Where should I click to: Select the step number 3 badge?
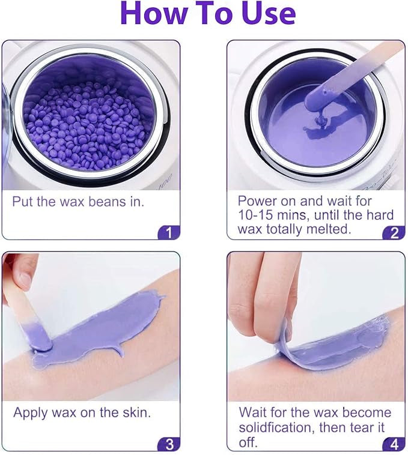(x=169, y=444)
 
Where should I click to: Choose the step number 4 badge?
(x=394, y=444)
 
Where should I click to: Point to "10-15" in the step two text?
(x=260, y=215)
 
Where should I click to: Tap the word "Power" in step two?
(x=257, y=200)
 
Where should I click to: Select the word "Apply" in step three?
(x=32, y=413)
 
